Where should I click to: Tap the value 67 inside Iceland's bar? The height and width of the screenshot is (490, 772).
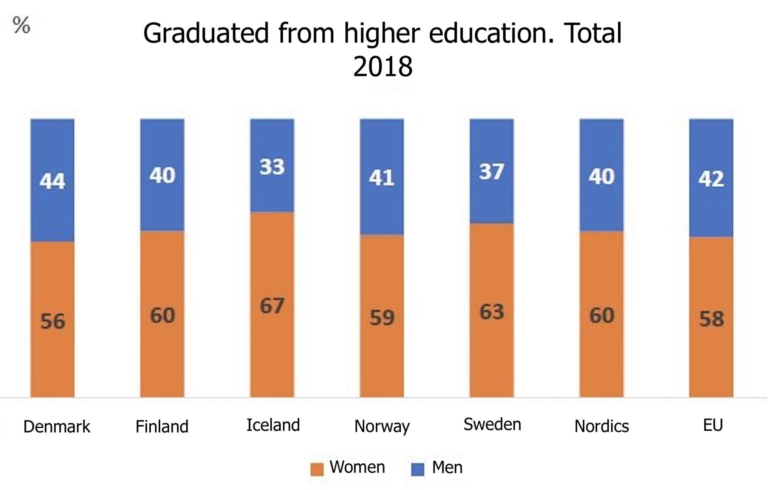pyautogui.click(x=272, y=306)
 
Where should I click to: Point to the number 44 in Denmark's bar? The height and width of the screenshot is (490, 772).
pyautogui.click(x=52, y=181)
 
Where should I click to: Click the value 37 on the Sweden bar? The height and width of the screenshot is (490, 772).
pyautogui.click(x=491, y=172)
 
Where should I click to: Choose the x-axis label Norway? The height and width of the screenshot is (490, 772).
pyautogui.click(x=382, y=426)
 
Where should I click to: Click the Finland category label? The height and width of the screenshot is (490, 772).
pyautogui.click(x=162, y=426)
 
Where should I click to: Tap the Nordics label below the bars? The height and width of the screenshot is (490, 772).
pyautogui.click(x=601, y=426)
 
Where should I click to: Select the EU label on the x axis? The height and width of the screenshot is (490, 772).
pyautogui.click(x=713, y=425)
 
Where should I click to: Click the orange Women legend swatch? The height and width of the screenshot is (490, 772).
pyautogui.click(x=317, y=469)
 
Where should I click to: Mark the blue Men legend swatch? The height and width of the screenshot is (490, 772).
pyautogui.click(x=418, y=469)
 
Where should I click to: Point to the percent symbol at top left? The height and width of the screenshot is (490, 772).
pyautogui.click(x=21, y=25)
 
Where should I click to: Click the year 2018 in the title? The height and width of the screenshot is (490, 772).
pyautogui.click(x=383, y=67)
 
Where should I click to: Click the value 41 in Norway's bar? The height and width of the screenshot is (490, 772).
pyautogui.click(x=381, y=178)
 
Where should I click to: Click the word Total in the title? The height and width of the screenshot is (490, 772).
pyautogui.click(x=593, y=34)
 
